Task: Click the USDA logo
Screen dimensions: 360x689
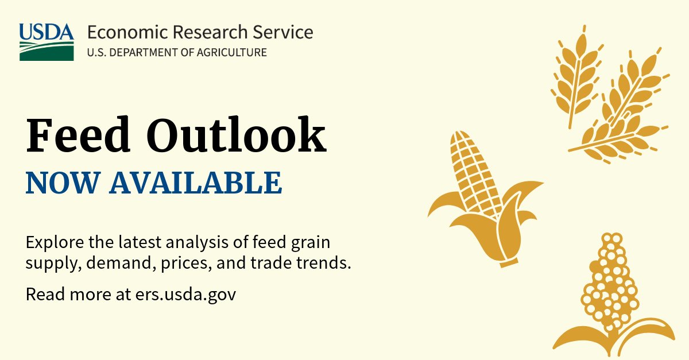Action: pos(47,42)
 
